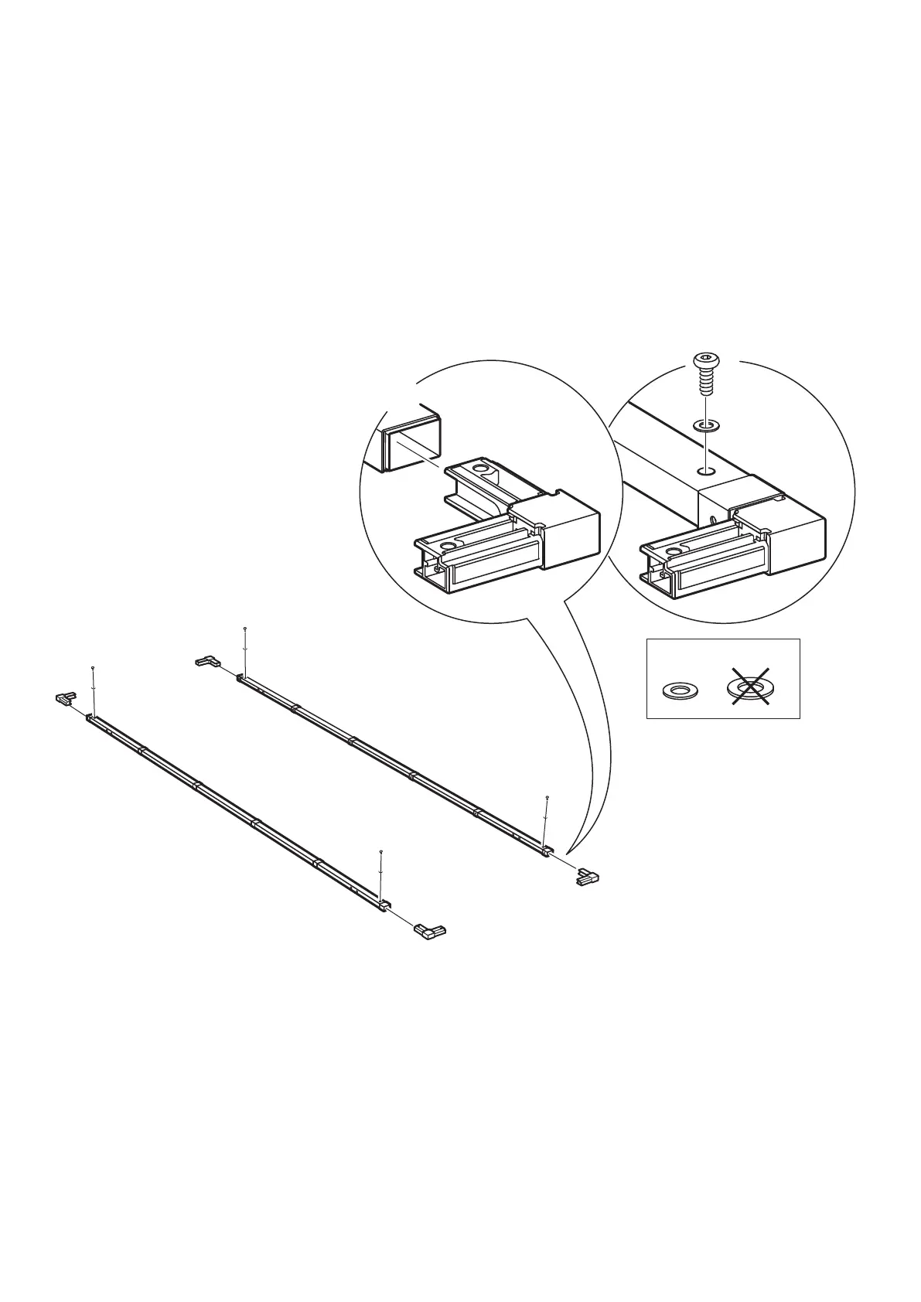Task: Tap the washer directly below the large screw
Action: pos(704,424)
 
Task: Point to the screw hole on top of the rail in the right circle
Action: pos(704,469)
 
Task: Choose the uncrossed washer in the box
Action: pos(681,689)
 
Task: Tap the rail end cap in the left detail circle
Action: pos(412,440)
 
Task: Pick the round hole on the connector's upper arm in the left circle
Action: pos(482,469)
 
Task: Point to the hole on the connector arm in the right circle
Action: pos(675,551)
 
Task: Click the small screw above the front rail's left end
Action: pos(93,666)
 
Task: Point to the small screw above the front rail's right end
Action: pos(381,851)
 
